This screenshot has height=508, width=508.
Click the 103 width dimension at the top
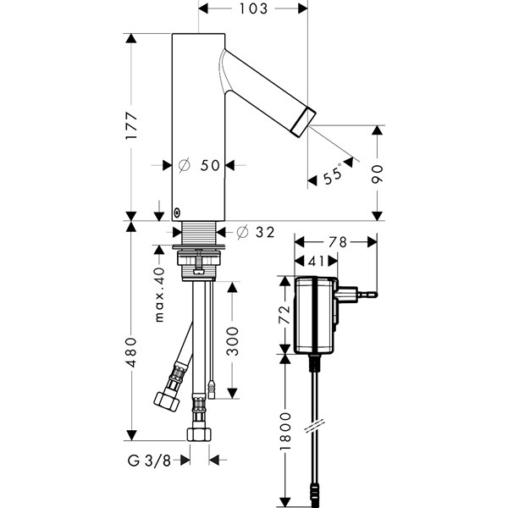pyautogui.click(x=253, y=8)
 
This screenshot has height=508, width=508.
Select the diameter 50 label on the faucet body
pyautogui.click(x=201, y=166)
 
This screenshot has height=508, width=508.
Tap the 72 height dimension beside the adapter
pyautogui.click(x=285, y=315)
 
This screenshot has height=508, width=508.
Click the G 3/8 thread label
pyautogui.click(x=156, y=461)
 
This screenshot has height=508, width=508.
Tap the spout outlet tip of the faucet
pyautogui.click(x=302, y=119)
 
